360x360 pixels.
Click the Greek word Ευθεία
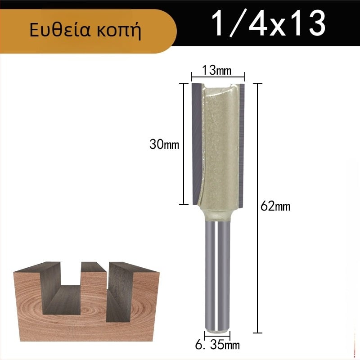click(x=60, y=30)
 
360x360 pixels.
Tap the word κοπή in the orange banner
click(x=119, y=31)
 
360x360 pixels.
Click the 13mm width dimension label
click(x=216, y=70)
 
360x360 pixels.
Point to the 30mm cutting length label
click(x=164, y=144)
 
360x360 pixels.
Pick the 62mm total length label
click(x=275, y=206)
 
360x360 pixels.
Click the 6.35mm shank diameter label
click(x=217, y=345)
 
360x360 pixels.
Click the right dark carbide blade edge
click(x=241, y=145)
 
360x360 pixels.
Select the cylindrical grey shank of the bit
click(x=217, y=275)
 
